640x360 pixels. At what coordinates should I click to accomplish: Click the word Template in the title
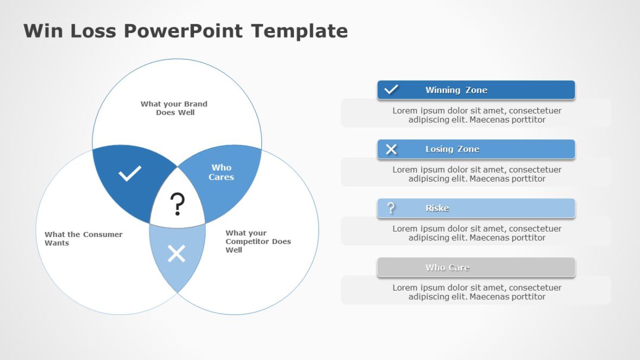click(x=299, y=31)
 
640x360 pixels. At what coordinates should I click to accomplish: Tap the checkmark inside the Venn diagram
click(x=130, y=173)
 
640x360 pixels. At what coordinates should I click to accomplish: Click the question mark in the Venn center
click(x=177, y=205)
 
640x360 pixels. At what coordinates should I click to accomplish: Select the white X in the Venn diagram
click(x=176, y=253)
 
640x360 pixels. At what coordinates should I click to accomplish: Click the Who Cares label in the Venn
click(x=221, y=172)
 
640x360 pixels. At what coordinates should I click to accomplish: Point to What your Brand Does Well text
click(x=174, y=108)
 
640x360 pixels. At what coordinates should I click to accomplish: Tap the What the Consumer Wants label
click(x=83, y=239)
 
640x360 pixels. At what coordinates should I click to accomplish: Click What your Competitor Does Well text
click(x=258, y=241)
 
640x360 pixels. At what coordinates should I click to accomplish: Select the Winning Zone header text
click(x=456, y=90)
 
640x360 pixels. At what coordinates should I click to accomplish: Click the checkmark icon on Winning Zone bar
click(x=391, y=89)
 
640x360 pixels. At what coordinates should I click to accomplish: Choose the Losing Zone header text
click(x=452, y=149)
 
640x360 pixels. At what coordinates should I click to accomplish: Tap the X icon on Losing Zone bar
click(x=391, y=149)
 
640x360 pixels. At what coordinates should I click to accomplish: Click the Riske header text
click(x=437, y=208)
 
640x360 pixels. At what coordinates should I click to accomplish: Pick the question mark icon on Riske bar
click(x=391, y=208)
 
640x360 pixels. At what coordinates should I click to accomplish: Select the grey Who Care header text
click(x=447, y=267)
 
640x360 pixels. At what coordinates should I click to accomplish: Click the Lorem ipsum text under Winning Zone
click(x=476, y=115)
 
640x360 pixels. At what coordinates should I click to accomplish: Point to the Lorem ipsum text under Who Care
click(x=476, y=292)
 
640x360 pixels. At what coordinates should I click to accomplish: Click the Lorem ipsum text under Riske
click(x=476, y=233)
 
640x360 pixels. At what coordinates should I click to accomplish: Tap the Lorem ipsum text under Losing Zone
click(x=476, y=174)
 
